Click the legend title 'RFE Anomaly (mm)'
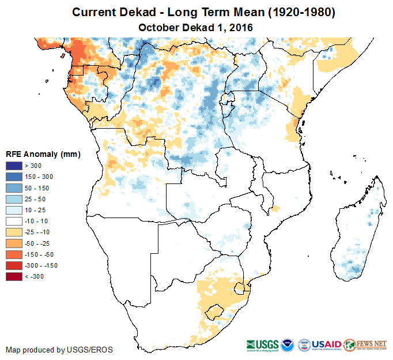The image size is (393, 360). tap(43, 154)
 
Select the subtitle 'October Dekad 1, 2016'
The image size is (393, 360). tap(196, 27)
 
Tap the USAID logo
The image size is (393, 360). tap(326, 344)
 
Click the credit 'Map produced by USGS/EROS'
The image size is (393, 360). tap(59, 350)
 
